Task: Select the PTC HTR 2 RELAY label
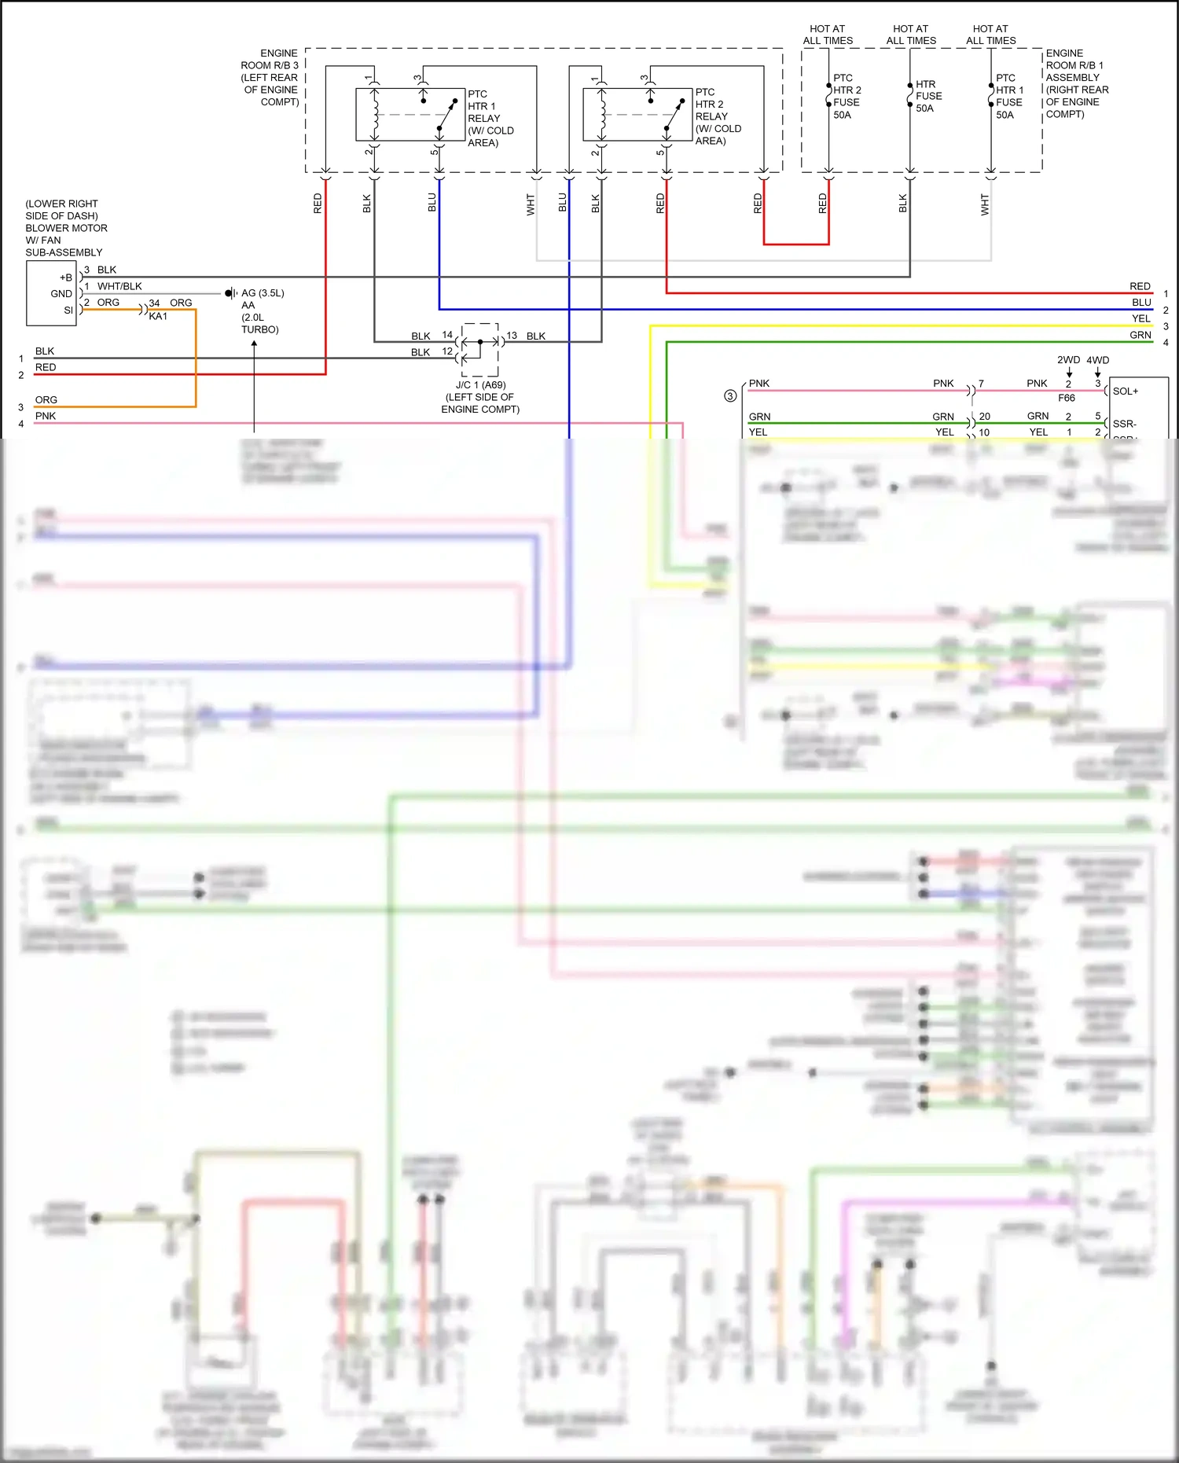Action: (x=717, y=116)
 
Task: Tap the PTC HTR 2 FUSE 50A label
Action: (x=847, y=96)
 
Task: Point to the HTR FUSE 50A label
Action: (x=928, y=96)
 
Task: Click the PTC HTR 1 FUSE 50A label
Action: (x=1009, y=96)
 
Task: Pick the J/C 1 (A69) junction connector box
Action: (x=480, y=349)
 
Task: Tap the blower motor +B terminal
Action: (x=66, y=278)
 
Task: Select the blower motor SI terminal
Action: (x=68, y=311)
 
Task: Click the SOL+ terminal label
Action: (x=1125, y=391)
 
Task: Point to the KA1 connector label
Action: (x=158, y=316)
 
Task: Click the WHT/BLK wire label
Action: (x=119, y=286)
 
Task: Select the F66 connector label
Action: (x=1066, y=398)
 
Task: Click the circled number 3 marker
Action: (x=730, y=395)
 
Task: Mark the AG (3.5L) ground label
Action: (x=263, y=292)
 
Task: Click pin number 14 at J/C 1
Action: (x=447, y=335)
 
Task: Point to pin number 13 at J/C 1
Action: (x=512, y=335)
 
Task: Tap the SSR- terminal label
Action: (x=1124, y=424)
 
